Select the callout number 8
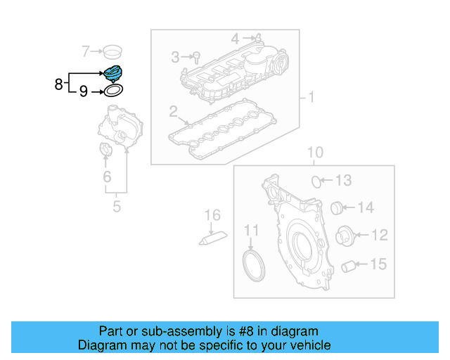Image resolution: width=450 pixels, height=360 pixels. (x=58, y=85)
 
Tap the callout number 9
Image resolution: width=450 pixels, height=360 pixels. (x=83, y=91)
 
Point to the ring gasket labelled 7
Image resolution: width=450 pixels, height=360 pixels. (x=112, y=51)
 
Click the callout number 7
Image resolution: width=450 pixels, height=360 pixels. (x=86, y=51)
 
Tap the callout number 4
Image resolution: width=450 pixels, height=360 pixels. (x=236, y=37)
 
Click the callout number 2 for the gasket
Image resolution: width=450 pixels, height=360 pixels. (x=172, y=111)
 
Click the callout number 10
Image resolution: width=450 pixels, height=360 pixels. (x=314, y=153)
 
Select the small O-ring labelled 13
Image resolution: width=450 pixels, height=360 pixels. (x=317, y=181)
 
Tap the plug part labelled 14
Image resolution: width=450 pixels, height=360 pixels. (x=337, y=207)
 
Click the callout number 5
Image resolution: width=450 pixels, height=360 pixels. (x=117, y=207)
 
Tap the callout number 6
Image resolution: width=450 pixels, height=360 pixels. (x=107, y=176)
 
